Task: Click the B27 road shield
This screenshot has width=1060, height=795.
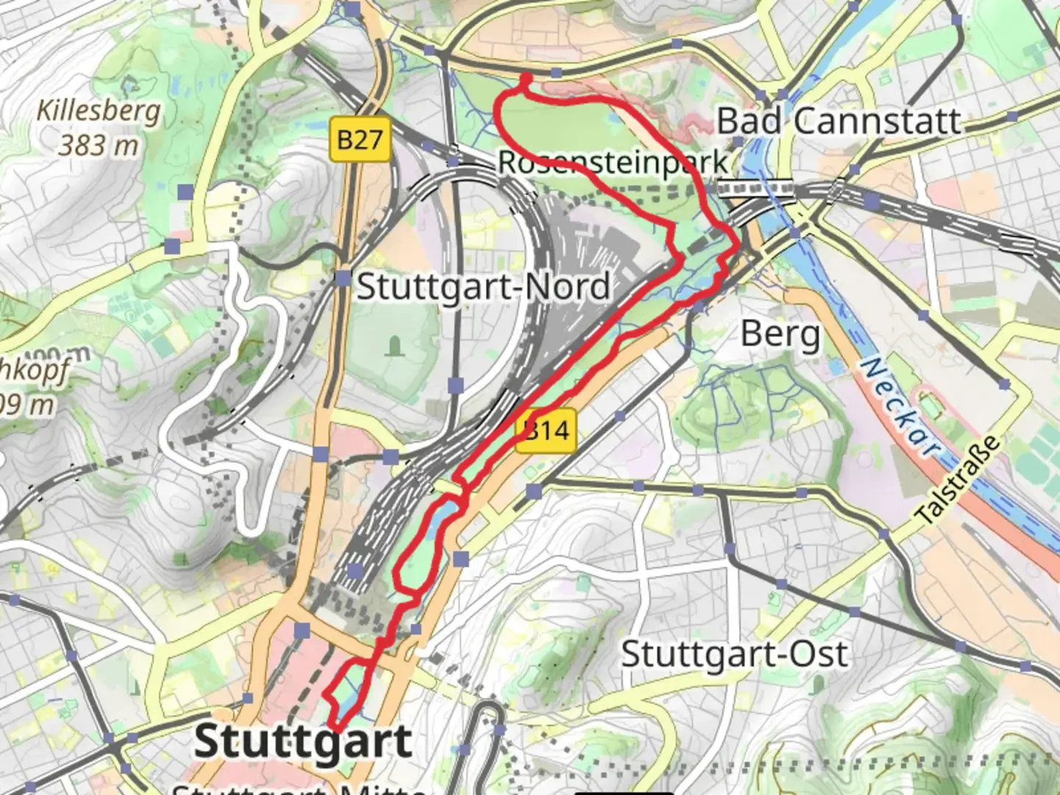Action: point(359,138)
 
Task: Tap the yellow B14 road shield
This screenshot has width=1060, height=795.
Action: point(545,430)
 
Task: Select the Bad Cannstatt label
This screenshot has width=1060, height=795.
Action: point(839,121)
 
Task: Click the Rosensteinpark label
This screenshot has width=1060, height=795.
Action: point(612,162)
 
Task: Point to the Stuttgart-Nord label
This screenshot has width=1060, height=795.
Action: point(484,286)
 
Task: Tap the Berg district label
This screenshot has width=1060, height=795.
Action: point(780,334)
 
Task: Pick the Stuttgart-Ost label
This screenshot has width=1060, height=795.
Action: point(734,654)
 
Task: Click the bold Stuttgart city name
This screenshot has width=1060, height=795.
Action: point(303,741)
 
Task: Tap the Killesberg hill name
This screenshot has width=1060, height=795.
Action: point(99,111)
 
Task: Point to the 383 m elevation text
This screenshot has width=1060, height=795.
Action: point(99,145)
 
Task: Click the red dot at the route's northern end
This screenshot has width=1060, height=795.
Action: point(526,78)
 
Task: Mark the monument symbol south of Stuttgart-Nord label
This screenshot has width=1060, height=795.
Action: point(395,345)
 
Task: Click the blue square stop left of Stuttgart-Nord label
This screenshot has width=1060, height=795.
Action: point(343,278)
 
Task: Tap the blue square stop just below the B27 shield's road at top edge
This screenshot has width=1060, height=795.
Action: point(354,10)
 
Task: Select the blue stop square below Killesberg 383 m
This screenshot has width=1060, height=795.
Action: point(185,192)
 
